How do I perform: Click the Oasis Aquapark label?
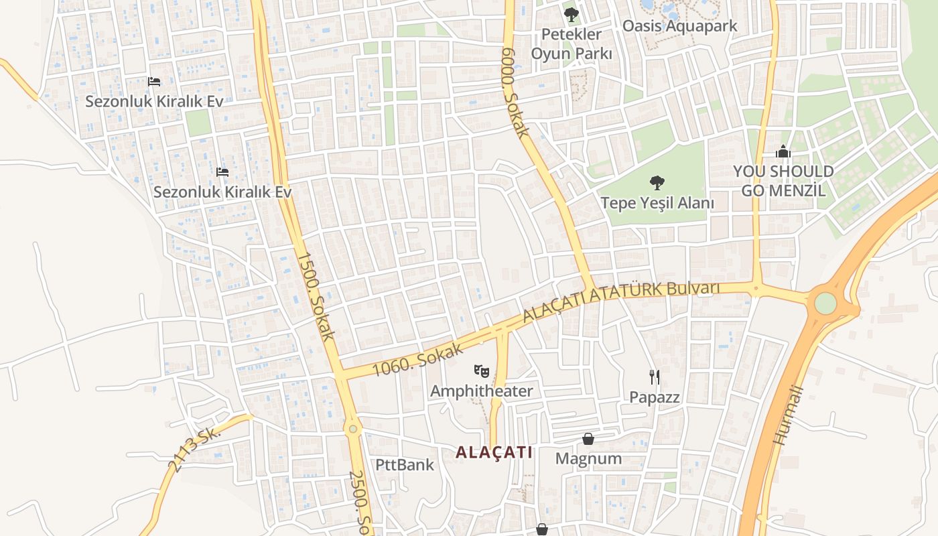[679, 26]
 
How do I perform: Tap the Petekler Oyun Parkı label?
[572, 44]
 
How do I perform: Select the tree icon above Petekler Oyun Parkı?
[571, 14]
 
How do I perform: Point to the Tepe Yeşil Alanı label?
[657, 202]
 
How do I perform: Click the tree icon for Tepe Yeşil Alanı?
[657, 182]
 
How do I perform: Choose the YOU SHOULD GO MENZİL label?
[783, 181]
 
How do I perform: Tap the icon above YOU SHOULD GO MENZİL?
[783, 153]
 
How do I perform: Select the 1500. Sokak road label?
[314, 296]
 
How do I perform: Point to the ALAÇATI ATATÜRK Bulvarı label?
[620, 301]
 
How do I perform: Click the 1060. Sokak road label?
[418, 359]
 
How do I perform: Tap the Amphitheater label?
[482, 391]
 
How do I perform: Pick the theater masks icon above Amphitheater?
[481, 370]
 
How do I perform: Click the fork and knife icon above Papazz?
[655, 377]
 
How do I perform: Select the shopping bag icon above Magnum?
[588, 439]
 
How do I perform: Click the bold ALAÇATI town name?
[494, 452]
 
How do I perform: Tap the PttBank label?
[404, 464]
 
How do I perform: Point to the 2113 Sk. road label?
[194, 449]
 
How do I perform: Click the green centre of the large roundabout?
[825, 303]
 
